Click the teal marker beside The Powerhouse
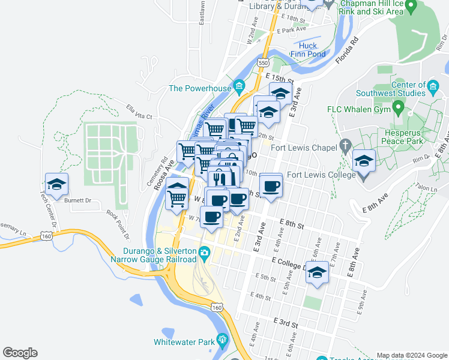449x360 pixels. click(239, 88)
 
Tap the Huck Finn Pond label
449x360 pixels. click(312, 50)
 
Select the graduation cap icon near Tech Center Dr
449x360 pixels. click(56, 185)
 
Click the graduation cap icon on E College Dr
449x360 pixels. click(316, 273)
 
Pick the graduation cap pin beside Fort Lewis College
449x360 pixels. click(364, 162)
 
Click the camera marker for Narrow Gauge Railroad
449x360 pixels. click(205, 253)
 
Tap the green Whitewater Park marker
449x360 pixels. click(222, 341)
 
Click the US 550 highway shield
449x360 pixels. click(262, 62)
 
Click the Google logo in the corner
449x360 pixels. click(20, 353)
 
